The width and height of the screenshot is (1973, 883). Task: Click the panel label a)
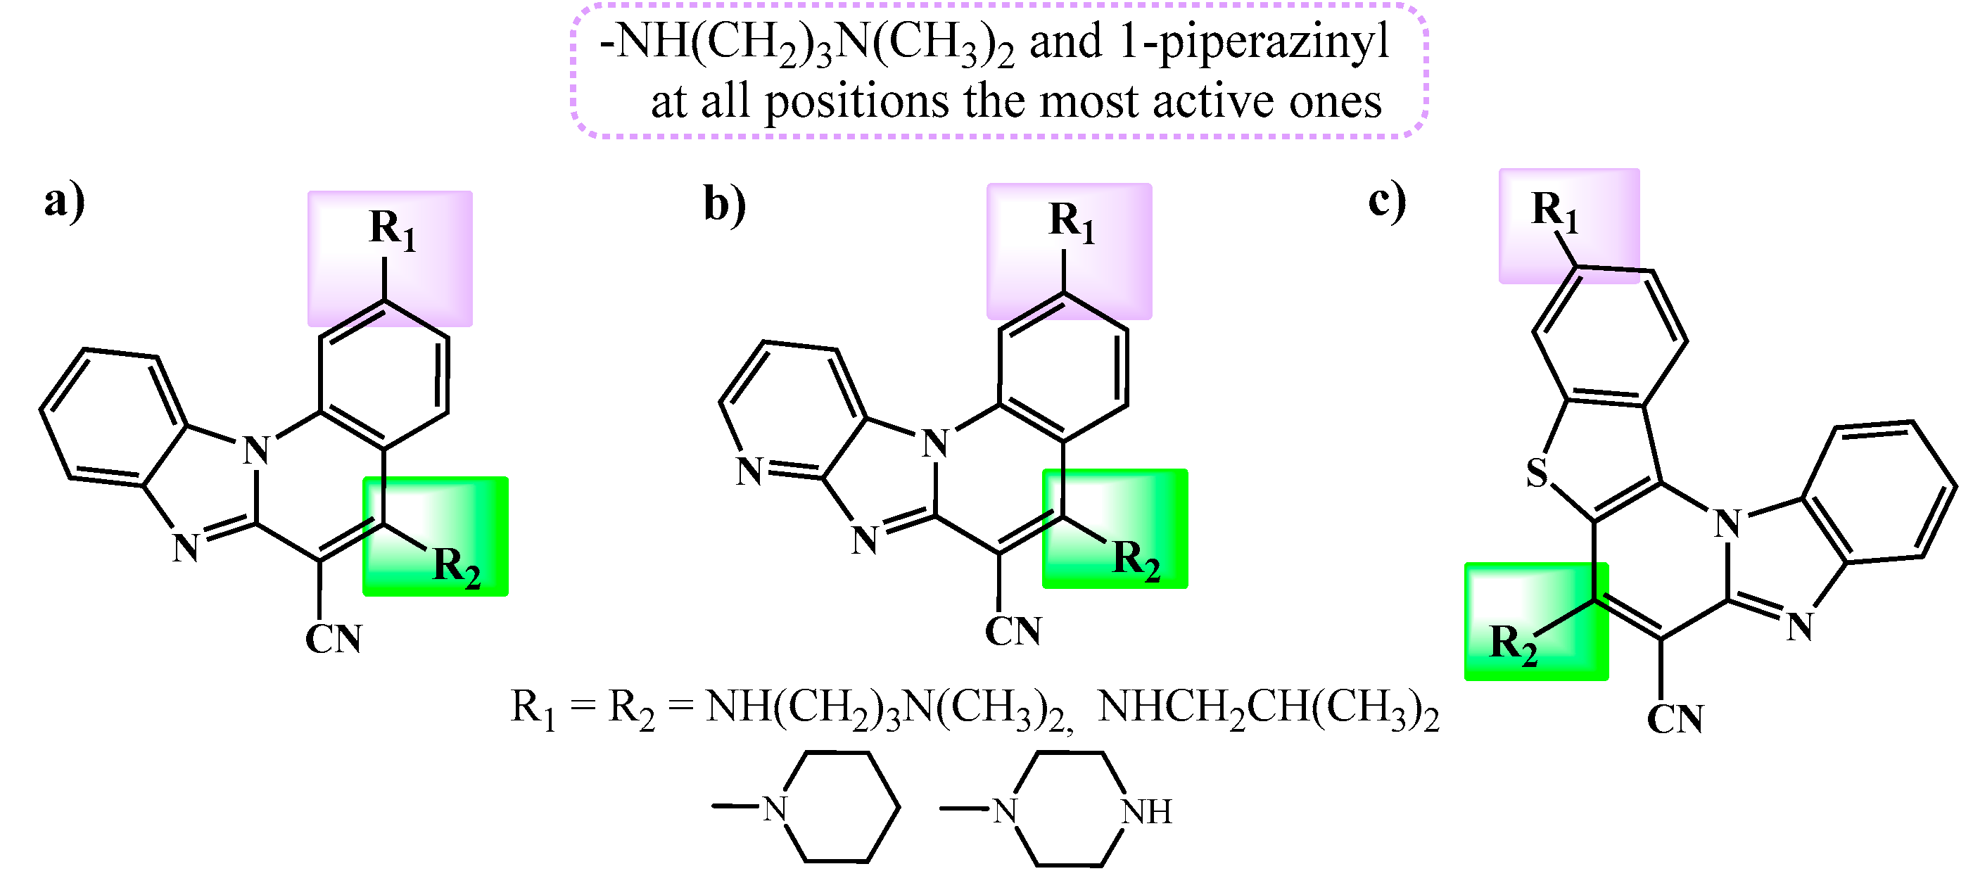pos(64,203)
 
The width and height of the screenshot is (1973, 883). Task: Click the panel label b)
pos(724,205)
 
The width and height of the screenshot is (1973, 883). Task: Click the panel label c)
pos(1387,202)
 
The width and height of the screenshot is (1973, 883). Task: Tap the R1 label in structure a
pos(392,229)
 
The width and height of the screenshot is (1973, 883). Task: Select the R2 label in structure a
pos(457,566)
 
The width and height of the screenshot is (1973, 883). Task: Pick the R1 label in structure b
pos(1072,222)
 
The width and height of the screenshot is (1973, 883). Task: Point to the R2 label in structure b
pos(1136,560)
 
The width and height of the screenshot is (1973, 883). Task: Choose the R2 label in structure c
pos(1513,644)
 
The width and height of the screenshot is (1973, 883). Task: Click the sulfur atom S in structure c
pos(1537,473)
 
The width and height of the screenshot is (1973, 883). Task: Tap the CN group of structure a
pos(334,640)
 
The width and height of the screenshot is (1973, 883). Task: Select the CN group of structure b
pos(1013,632)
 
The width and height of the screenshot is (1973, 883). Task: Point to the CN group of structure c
pos(1675,720)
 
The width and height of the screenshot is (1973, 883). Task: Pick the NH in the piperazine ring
pos(1146,813)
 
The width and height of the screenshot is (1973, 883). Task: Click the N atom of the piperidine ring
pos(775,808)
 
